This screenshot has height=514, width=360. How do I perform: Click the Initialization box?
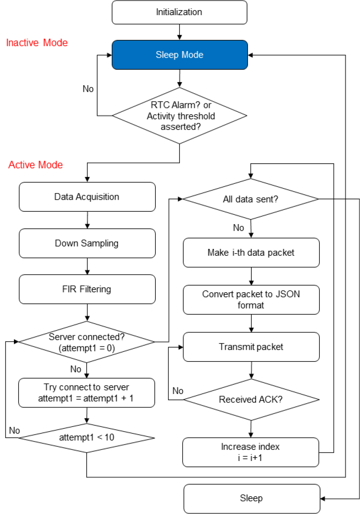coord(179,12)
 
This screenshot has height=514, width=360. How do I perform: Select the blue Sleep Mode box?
coord(179,55)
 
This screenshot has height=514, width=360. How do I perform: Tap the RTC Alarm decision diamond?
coord(179,116)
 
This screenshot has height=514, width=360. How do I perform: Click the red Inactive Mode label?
coord(37,43)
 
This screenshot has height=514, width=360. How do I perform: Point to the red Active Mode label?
coord(36,165)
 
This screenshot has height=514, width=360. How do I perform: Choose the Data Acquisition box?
coord(87,197)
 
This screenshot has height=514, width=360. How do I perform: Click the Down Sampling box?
coord(87,243)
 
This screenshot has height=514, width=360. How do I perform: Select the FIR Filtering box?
coord(87,289)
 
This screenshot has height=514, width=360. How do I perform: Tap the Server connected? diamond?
coord(87,342)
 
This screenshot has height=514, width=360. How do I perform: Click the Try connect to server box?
coord(87,393)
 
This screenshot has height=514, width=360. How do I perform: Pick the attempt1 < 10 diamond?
coord(87,438)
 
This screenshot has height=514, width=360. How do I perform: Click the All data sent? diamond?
coord(251,199)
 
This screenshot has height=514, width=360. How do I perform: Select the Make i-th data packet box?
coord(251,253)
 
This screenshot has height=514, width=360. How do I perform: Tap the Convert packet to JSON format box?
coord(251,300)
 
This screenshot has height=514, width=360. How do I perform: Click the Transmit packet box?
coord(251,347)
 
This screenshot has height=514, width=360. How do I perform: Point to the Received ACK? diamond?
coord(251,399)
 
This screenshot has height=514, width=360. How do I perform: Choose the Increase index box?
coord(250,452)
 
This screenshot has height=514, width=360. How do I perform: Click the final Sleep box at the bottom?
coord(252,499)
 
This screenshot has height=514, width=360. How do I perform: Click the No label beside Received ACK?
coord(178,391)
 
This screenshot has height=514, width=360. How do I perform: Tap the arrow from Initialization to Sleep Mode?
coord(179,32)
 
